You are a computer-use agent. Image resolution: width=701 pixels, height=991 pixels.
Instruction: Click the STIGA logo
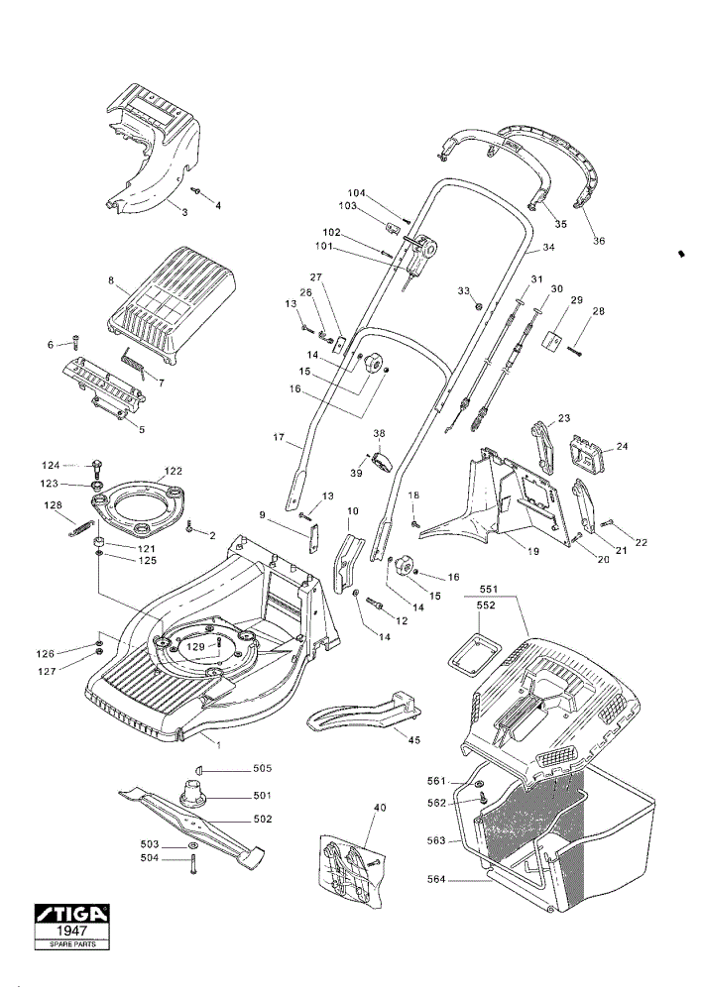pos(70,915)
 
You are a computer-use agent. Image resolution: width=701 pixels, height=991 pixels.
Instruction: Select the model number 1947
pos(70,932)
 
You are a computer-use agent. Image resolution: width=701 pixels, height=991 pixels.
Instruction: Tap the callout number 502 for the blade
pos(262,820)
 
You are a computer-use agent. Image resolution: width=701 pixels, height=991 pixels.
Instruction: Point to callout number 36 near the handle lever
pos(599,241)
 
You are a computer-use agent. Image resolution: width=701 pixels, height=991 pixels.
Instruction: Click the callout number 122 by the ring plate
pos(173,471)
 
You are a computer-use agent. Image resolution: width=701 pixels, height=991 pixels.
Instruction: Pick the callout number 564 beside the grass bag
pos(436,879)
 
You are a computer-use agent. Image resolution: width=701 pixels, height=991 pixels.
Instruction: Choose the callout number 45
pos(414,740)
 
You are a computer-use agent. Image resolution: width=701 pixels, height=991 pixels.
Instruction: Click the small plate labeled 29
pos(552,339)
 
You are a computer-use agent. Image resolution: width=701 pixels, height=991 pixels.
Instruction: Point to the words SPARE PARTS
pos(70,944)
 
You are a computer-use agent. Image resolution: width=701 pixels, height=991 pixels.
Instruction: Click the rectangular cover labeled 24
pos(587,453)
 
